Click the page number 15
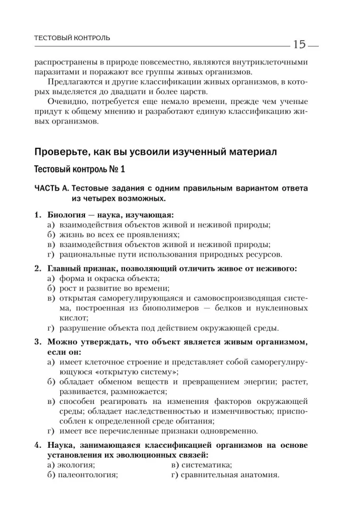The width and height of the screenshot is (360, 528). [x=299, y=45]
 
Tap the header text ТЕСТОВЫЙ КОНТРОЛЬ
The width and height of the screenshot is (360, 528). [x=72, y=38]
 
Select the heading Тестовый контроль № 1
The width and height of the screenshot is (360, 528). [x=80, y=171]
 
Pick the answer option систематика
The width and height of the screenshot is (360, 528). [x=205, y=465]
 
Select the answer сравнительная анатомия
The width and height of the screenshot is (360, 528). [x=229, y=475]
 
